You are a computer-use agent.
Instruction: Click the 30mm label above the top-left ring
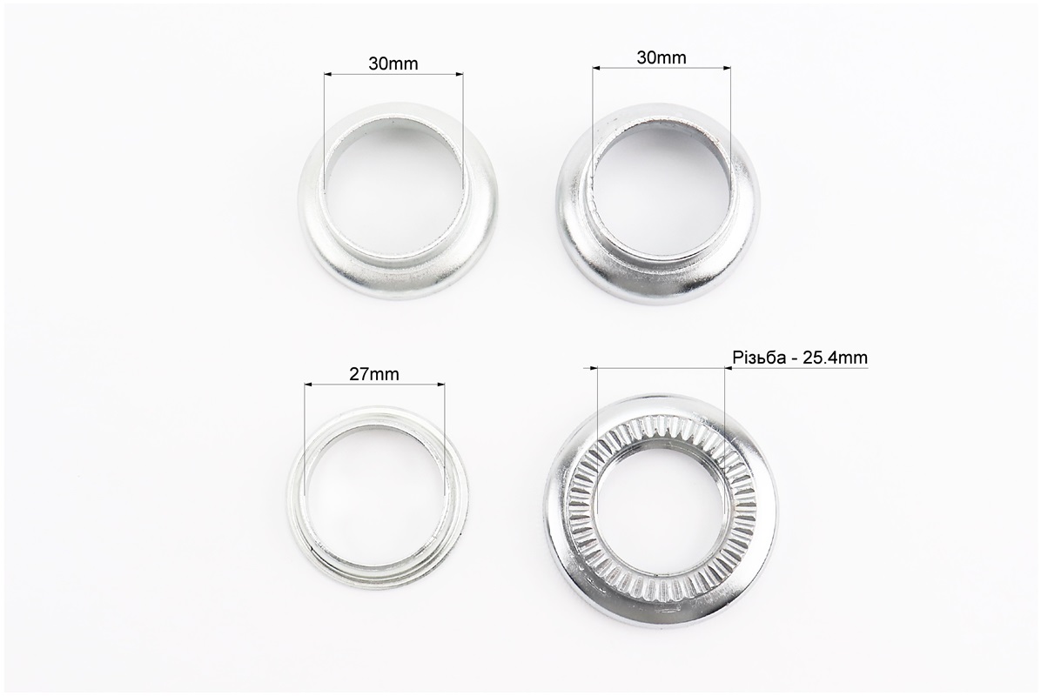tap(393, 64)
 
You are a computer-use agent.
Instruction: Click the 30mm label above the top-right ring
tap(662, 57)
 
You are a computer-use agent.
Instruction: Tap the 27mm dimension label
tap(374, 374)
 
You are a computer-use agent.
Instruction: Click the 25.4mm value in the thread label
tap(836, 358)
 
